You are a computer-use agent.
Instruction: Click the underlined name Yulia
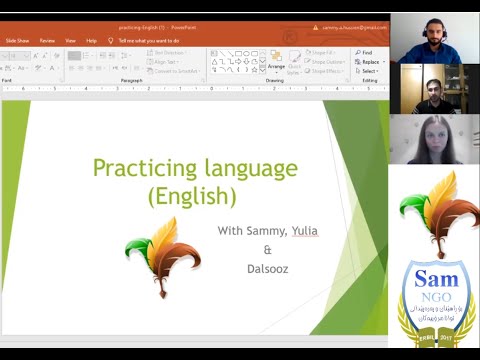(304, 231)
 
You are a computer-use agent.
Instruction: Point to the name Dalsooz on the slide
(266, 269)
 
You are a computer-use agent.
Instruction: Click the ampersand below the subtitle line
(267, 250)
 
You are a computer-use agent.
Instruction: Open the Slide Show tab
(17, 41)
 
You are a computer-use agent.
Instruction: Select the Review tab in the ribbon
(47, 41)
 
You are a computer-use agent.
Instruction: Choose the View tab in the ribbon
(71, 41)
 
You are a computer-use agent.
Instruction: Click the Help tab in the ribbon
(91, 41)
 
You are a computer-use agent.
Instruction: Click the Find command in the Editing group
(366, 52)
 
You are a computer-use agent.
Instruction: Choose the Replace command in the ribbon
(369, 62)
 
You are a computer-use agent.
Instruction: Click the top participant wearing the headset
(433, 39)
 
